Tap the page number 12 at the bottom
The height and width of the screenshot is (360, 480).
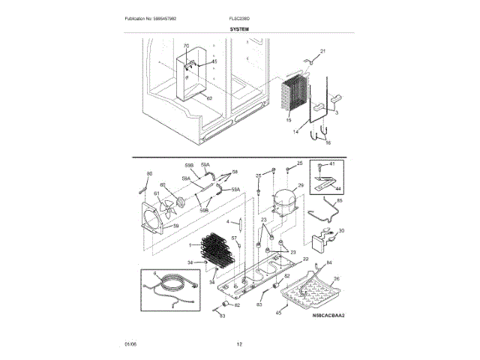coord(239,344)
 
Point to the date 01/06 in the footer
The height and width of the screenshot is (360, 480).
coord(130,344)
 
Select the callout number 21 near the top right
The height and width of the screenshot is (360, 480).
coord(323,52)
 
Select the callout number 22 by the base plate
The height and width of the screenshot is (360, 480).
coord(305,258)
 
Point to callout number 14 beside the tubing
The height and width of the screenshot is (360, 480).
coord(295,131)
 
